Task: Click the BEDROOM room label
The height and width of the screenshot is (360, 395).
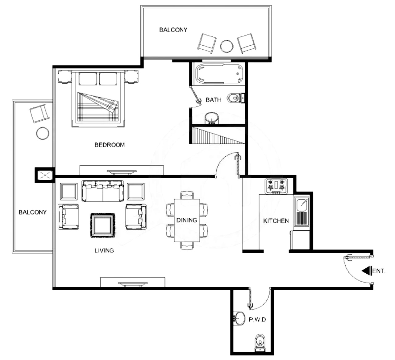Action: pyautogui.click(x=110, y=145)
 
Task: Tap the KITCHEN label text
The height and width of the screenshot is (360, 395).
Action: pyautogui.click(x=276, y=221)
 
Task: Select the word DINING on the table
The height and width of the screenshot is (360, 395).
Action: pyautogui.click(x=187, y=220)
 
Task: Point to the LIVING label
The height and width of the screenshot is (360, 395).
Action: pyautogui.click(x=104, y=250)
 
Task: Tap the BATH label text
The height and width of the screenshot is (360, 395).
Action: pyautogui.click(x=214, y=100)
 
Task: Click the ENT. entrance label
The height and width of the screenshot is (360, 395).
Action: pyautogui.click(x=379, y=271)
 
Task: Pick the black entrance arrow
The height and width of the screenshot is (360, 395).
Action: pyautogui.click(x=367, y=271)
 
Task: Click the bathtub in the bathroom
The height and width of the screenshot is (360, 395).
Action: pyautogui.click(x=219, y=74)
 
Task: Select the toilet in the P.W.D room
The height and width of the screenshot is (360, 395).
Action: pyautogui.click(x=260, y=343)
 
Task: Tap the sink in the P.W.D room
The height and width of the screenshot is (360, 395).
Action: pyautogui.click(x=239, y=318)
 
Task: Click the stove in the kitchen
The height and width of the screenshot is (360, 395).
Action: pyautogui.click(x=276, y=186)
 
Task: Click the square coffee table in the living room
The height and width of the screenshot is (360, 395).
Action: pyautogui.click(x=103, y=225)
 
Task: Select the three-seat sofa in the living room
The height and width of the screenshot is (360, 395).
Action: pyautogui.click(x=102, y=191)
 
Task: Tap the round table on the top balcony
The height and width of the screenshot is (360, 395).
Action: pyautogui.click(x=227, y=46)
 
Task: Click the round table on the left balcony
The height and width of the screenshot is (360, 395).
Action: pyautogui.click(x=43, y=133)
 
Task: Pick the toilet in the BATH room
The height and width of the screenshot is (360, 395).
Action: pyautogui.click(x=235, y=98)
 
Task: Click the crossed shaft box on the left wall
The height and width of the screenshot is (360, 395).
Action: pyautogui.click(x=45, y=175)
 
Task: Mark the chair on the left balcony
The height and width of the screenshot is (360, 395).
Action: pyautogui.click(x=39, y=114)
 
